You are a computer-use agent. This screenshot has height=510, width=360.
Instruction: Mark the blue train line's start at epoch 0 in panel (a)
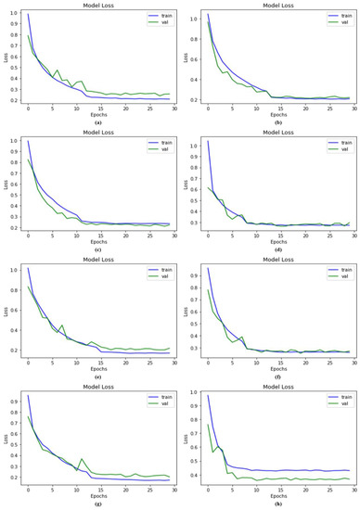28,15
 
